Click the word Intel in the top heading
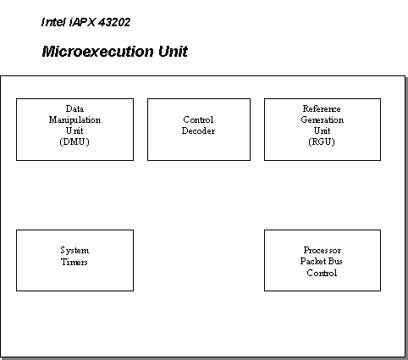tap(53, 22)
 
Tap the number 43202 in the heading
tap(114, 22)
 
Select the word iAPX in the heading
tap(82, 22)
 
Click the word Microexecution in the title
tap(98, 52)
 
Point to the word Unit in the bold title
tap(173, 52)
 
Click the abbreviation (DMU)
tap(74, 141)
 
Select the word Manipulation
tap(74, 119)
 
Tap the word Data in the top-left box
tap(74, 108)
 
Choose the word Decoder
tap(198, 130)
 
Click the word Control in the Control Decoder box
tap(198, 119)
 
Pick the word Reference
tap(322, 108)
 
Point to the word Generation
tap(323, 119)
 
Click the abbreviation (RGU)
tap(322, 141)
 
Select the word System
tap(74, 251)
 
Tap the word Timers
tap(74, 262)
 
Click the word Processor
tap(323, 250)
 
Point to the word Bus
tap(335, 261)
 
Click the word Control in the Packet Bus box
tap(322, 273)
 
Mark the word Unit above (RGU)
tap(322, 130)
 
